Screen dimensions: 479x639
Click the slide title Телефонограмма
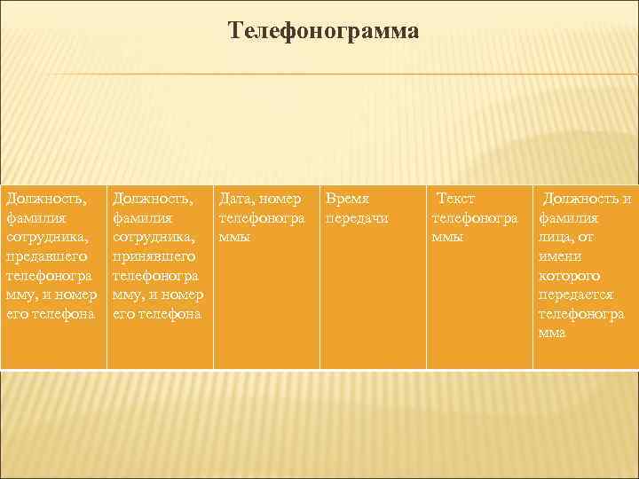click(323, 32)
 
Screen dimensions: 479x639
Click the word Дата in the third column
click(237, 199)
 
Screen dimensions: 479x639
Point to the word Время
click(348, 199)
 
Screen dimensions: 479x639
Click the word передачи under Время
click(357, 218)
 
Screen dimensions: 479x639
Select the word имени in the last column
click(558, 256)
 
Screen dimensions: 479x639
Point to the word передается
click(575, 294)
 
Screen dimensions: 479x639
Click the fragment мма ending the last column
click(551, 333)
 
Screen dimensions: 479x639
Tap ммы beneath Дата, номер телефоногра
click(234, 238)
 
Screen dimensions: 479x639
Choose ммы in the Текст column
click(447, 238)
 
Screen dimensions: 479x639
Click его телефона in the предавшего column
click(51, 314)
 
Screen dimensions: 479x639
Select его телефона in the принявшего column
click(157, 314)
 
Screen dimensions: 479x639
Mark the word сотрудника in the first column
click(44, 238)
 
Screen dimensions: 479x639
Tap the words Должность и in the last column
click(587, 199)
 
